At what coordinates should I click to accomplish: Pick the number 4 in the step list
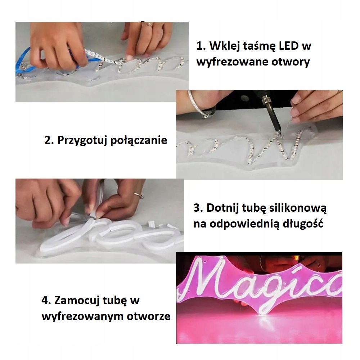[46, 301]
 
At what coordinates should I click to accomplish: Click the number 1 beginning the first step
[199, 46]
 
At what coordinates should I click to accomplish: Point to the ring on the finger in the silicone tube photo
[137, 195]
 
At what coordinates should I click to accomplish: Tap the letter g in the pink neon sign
[273, 288]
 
